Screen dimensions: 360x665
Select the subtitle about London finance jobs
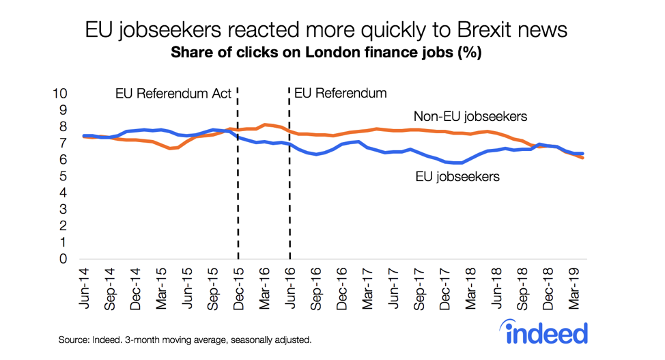click(326, 53)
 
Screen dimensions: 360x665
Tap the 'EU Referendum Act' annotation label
click(172, 94)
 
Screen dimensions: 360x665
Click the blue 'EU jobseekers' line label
click(457, 176)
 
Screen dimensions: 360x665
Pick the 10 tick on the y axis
click(61, 94)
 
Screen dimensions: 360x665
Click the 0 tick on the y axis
click(64, 259)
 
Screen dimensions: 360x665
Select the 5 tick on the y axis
click(64, 176)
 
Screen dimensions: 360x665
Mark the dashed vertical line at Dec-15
click(238, 205)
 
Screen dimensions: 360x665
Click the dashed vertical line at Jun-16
click(290, 205)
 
